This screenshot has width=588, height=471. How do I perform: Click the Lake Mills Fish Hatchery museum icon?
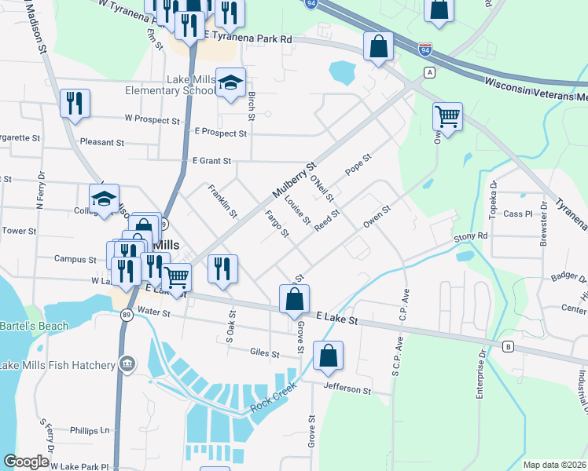[x=127, y=364]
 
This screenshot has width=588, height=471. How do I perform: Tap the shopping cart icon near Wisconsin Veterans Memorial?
[x=447, y=117]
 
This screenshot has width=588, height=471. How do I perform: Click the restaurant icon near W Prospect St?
[x=75, y=104]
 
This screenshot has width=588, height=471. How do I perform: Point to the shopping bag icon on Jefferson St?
[x=328, y=356]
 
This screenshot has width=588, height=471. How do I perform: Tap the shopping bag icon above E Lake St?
[x=294, y=299]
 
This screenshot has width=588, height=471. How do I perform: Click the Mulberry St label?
[x=294, y=181]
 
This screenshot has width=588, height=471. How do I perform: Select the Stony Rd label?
[x=471, y=235]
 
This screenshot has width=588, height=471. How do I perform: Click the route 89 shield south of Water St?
[x=126, y=315]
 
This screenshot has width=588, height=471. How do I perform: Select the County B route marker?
[x=508, y=346]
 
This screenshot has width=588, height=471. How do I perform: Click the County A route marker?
[x=429, y=72]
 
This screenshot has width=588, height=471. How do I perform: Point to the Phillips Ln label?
[x=89, y=430]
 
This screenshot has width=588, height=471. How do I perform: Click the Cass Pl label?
[x=518, y=214]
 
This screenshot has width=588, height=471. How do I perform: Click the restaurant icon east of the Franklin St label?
[x=223, y=269]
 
